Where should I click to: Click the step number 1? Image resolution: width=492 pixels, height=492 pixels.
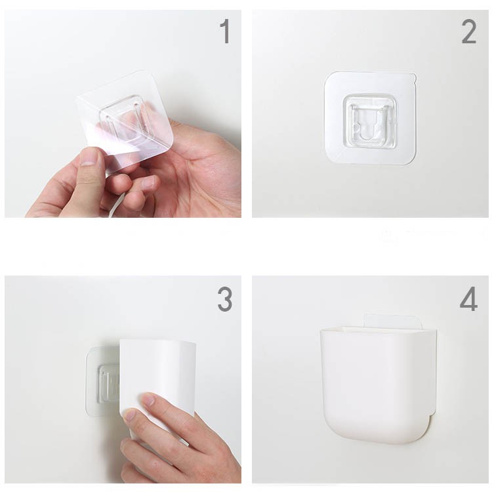(x=226, y=31)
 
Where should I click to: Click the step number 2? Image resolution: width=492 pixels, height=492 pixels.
(x=469, y=31)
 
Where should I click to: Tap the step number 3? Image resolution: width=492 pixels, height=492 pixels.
(x=224, y=299)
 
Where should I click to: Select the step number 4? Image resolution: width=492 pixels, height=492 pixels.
(x=468, y=299)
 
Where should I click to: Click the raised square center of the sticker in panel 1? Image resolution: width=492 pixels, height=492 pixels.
(x=125, y=121)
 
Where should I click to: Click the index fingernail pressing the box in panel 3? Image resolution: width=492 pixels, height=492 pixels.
(x=148, y=400)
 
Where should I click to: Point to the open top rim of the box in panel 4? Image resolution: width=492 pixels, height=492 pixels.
(x=378, y=330)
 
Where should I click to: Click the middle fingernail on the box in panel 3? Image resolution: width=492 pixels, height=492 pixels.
(x=129, y=415)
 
